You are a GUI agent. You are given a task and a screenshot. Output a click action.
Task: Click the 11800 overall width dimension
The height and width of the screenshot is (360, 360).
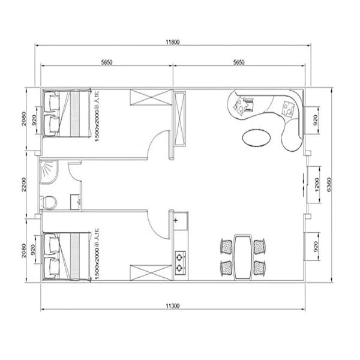[x=174, y=42]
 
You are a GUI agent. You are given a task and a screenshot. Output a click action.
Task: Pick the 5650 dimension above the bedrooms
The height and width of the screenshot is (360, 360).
[x=107, y=62]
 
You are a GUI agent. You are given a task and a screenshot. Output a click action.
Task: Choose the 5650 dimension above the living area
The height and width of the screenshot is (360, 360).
[x=238, y=62]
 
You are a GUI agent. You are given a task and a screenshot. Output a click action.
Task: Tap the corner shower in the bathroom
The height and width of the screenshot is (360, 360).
[x=48, y=172]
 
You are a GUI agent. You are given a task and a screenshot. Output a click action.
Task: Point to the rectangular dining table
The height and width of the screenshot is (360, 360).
[x=242, y=256]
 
